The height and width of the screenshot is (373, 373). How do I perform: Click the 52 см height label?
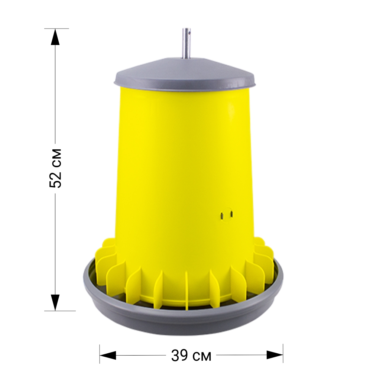click(55, 168)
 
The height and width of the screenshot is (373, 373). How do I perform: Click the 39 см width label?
click(191, 356)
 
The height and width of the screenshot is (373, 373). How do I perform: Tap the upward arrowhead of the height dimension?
click(55, 36)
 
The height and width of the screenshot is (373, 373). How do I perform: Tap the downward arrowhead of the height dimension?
click(55, 302)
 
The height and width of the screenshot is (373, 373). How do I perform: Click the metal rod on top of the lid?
click(186, 43)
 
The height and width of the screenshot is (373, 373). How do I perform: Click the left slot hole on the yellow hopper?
click(222, 216)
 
